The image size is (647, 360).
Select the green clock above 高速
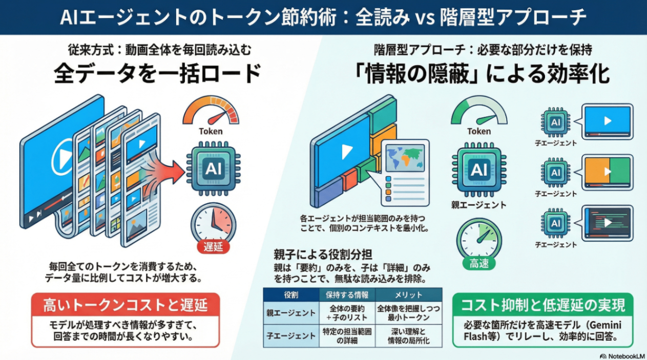[479, 236]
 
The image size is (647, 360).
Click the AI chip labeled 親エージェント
[479, 170]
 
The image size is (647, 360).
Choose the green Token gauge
[478, 113]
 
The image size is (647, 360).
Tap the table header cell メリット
[409, 295]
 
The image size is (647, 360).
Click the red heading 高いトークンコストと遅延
[125, 306]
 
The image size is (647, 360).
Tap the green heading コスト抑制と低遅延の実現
[543, 306]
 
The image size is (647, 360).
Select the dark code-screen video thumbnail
[608, 223]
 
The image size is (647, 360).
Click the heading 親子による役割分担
[323, 255]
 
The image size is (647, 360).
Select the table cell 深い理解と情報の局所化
[409, 336]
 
